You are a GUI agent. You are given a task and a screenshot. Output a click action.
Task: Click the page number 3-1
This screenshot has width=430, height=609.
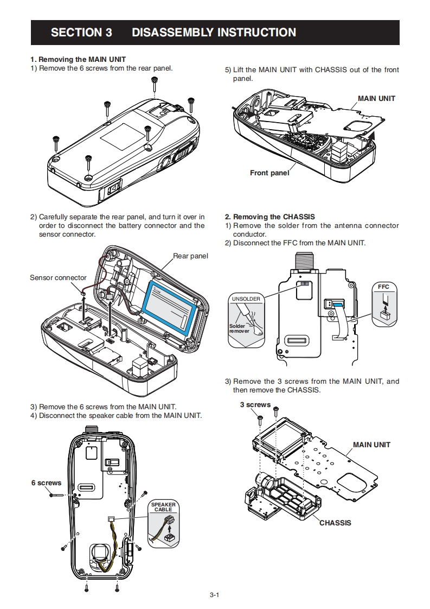[215, 595]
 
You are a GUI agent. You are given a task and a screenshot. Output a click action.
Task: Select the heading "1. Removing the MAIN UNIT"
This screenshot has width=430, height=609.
[78, 59]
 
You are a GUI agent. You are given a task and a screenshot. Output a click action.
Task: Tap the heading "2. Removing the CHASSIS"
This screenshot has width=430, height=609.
[269, 217]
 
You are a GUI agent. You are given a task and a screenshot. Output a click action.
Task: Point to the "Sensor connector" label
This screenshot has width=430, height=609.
[58, 278]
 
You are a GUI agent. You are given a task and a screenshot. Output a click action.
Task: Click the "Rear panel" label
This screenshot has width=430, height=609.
[190, 256]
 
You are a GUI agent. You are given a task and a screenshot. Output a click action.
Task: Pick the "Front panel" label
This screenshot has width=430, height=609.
[269, 173]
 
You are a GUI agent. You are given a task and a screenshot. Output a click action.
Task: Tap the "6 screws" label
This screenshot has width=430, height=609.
[46, 483]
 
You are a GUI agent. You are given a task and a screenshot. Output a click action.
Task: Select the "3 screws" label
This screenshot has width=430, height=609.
[255, 405]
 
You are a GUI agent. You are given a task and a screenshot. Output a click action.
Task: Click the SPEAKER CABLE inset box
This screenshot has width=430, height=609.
[163, 524]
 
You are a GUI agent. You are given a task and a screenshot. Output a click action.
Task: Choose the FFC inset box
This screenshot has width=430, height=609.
[384, 304]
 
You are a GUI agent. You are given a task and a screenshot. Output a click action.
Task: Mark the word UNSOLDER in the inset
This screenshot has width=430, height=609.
[246, 299]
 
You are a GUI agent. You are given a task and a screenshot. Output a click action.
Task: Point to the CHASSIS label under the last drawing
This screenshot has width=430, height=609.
[335, 523]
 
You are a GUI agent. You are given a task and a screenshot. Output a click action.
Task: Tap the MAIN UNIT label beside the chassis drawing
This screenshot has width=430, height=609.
[371, 445]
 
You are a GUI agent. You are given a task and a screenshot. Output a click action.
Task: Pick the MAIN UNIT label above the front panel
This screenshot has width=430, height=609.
[376, 98]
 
